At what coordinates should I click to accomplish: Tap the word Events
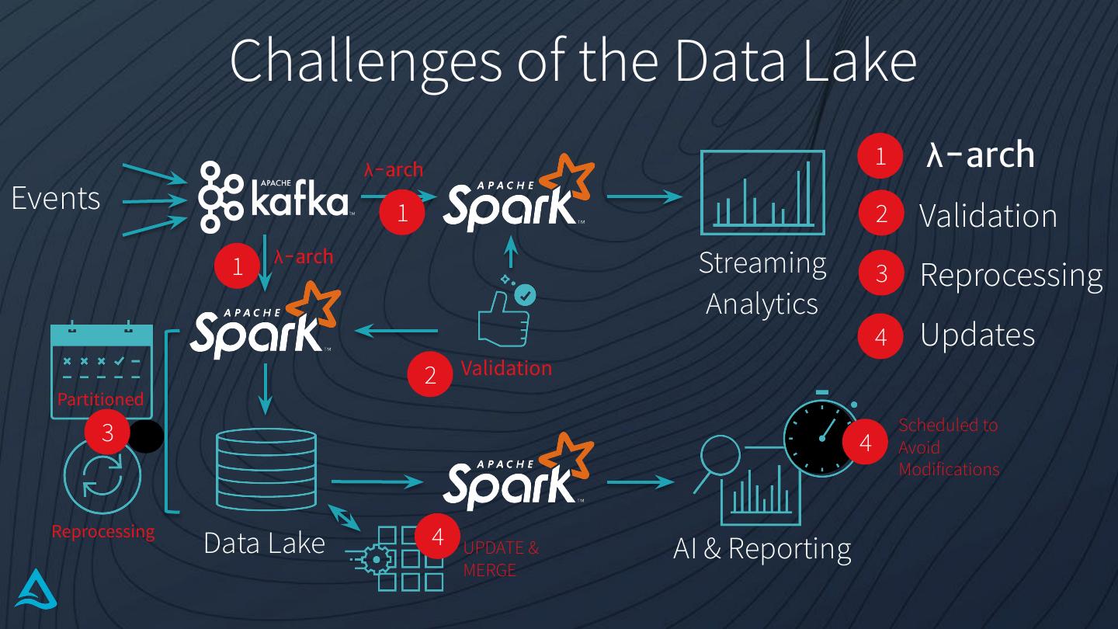pos(56,199)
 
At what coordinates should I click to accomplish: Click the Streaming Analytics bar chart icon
pos(762,193)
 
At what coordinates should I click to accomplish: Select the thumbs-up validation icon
pos(505,315)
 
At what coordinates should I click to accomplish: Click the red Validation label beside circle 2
pos(506,367)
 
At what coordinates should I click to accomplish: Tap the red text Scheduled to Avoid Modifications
pos(948,447)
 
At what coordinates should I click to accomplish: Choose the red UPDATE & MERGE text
pos(501,558)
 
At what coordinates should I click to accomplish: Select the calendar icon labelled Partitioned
pos(101,365)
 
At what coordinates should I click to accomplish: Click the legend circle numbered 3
pos(880,273)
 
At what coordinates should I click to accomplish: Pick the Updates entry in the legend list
pos(977,335)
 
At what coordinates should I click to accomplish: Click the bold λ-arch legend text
pos(980,155)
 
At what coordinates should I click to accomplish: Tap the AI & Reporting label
pos(762,548)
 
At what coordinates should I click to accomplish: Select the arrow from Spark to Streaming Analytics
pos(644,196)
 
